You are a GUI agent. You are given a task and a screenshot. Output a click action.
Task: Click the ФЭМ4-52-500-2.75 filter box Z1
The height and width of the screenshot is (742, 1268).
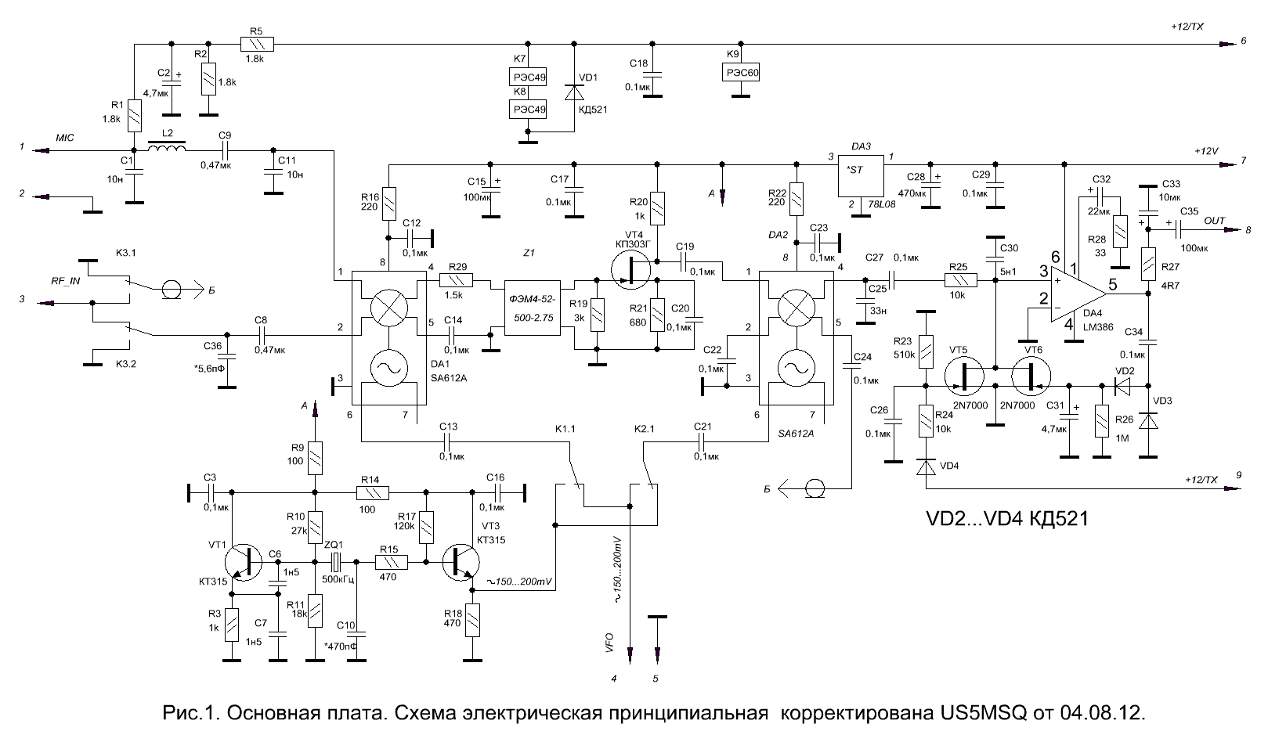click(532, 308)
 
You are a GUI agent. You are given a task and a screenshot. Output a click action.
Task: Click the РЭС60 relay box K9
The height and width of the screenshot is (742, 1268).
click(740, 72)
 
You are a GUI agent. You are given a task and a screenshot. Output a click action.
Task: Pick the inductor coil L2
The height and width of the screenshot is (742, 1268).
click(166, 147)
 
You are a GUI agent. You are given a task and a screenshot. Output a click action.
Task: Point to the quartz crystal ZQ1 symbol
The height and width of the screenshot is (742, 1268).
click(336, 562)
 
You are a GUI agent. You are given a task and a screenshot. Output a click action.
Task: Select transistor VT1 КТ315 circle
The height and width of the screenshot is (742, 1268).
click(244, 562)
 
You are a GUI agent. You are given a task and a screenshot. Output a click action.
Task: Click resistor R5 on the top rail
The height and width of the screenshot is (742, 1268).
click(257, 44)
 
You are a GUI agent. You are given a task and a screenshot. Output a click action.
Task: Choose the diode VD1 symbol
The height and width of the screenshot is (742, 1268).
click(574, 92)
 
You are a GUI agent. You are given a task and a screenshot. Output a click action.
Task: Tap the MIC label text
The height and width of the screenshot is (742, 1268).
click(64, 138)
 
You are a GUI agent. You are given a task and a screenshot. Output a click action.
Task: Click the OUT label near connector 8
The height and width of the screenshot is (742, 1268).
click(1214, 221)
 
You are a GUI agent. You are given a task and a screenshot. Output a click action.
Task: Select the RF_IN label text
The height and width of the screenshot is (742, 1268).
click(66, 280)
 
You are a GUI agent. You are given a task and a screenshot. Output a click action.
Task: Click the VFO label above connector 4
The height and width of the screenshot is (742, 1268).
click(609, 643)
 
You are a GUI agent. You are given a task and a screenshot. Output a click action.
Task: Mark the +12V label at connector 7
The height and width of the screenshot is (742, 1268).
click(1205, 151)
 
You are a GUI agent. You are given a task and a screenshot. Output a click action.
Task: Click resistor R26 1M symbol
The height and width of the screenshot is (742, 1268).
click(1102, 421)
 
